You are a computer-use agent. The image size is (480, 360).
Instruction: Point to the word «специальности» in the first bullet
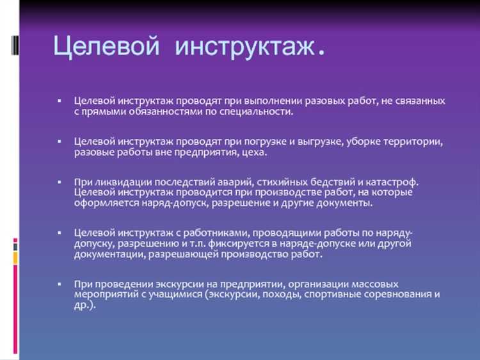point(258,111)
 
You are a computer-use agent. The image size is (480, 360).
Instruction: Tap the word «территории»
point(415,142)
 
